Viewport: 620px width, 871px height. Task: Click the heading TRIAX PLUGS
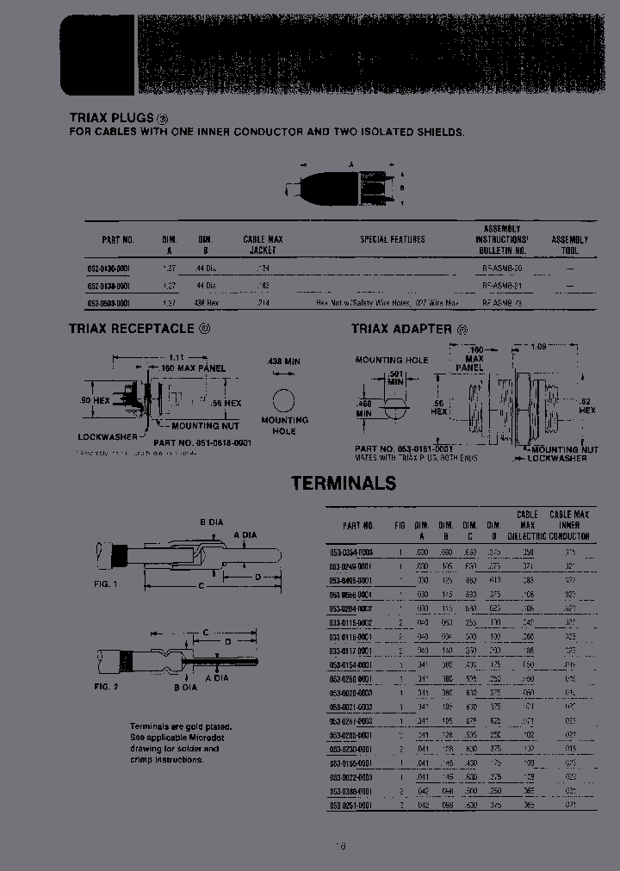(111, 118)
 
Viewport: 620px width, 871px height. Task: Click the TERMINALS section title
(344, 483)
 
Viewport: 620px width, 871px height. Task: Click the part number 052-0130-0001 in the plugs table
(108, 269)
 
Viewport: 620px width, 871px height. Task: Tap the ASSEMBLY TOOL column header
(569, 244)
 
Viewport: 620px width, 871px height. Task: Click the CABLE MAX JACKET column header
(263, 244)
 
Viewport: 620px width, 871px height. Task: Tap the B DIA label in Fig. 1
(213, 522)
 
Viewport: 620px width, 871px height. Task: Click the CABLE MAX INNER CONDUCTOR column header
(570, 525)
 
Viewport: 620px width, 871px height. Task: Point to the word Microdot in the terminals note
(207, 738)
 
